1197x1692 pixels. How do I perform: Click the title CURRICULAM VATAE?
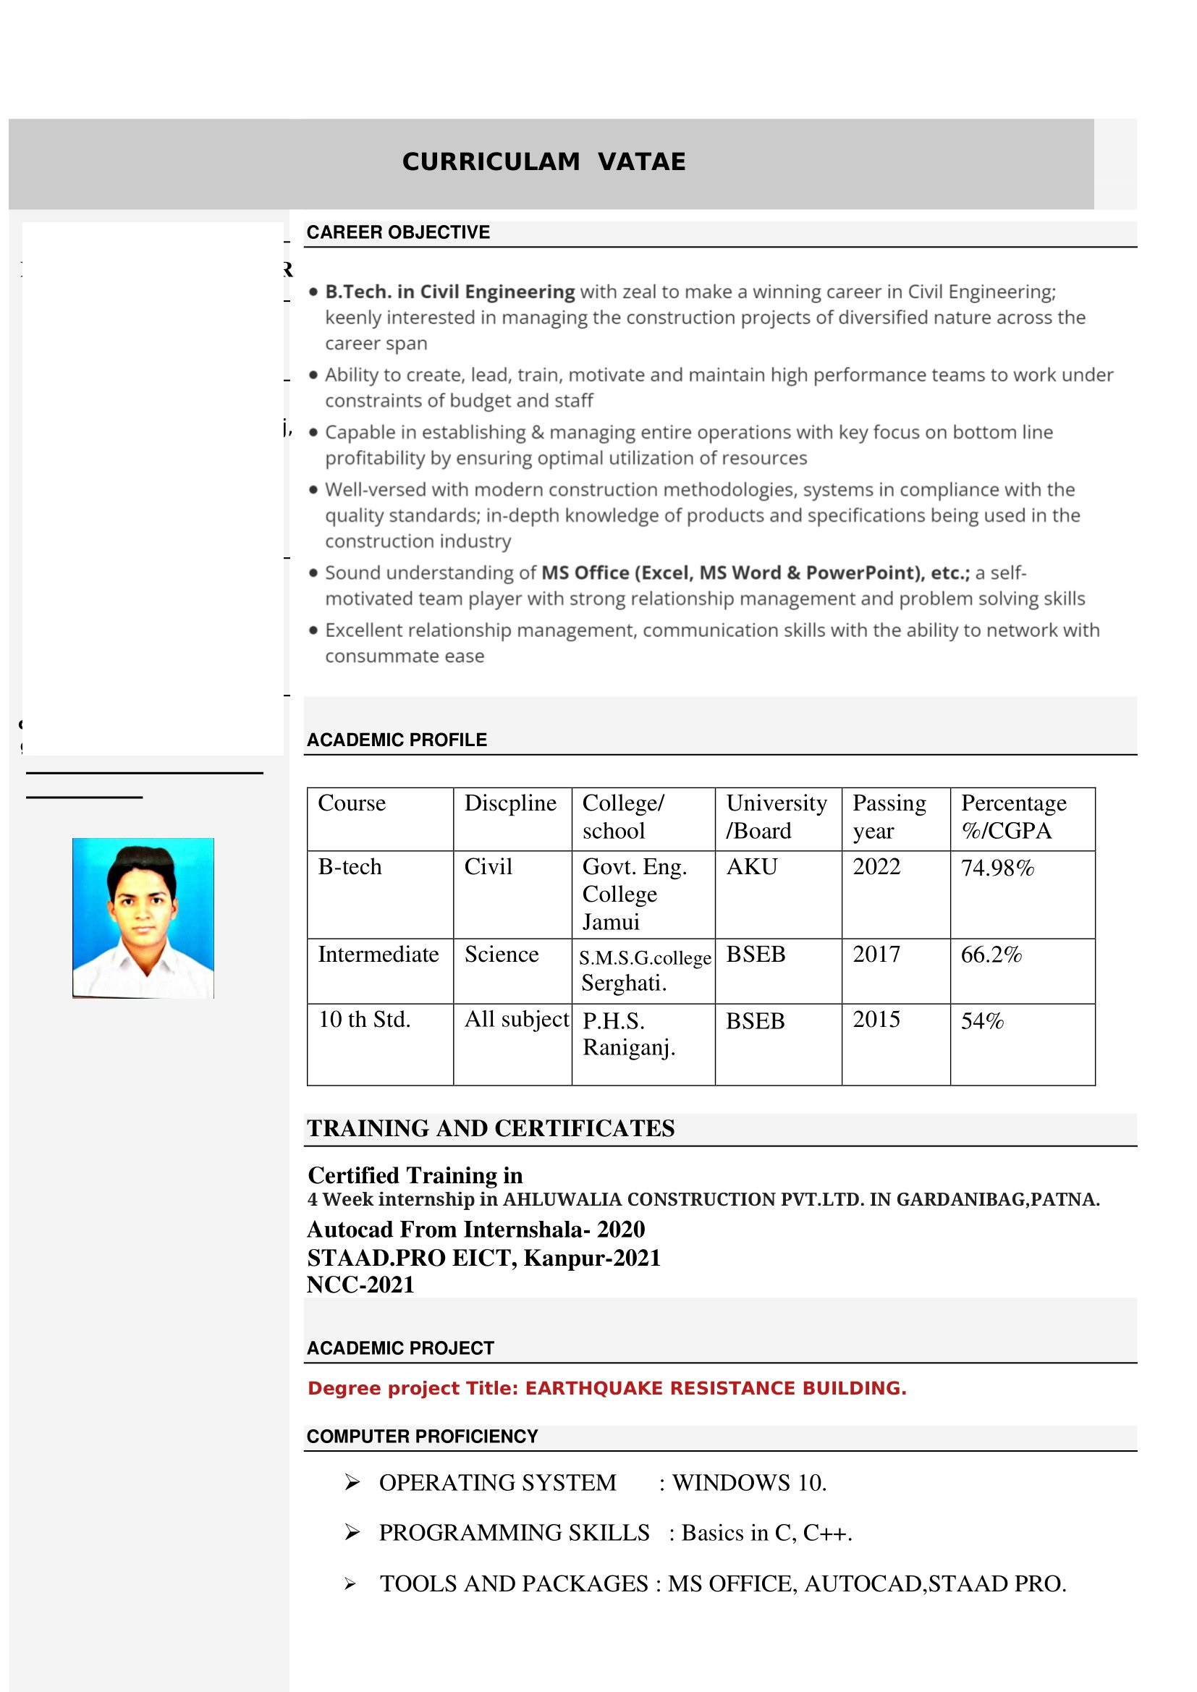[x=543, y=162]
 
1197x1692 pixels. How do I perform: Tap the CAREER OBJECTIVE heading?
[x=398, y=233]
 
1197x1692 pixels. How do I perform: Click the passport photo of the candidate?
[x=143, y=918]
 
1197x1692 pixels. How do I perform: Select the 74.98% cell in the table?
[x=997, y=868]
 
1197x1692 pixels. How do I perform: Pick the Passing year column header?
[x=889, y=816]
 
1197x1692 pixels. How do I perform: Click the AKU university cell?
[x=752, y=867]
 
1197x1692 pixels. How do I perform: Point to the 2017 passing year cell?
[x=876, y=955]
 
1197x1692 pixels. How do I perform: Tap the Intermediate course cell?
[x=378, y=955]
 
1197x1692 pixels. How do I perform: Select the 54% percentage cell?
[x=982, y=1021]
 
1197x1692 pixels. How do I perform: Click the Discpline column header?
[x=510, y=803]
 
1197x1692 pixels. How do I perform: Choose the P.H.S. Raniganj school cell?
[x=629, y=1034]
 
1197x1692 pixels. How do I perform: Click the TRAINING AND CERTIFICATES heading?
[x=491, y=1129]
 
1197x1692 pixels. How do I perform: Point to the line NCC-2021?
[x=360, y=1285]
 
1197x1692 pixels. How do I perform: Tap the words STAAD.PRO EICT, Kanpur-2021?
[x=483, y=1257]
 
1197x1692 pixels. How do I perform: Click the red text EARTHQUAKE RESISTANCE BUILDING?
[x=715, y=1388]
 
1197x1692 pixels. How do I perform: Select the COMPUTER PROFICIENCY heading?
[x=423, y=1437]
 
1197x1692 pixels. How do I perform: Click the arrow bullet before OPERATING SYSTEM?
[x=352, y=1482]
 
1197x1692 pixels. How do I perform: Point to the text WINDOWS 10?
[x=750, y=1483]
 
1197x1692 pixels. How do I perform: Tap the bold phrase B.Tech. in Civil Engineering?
[x=449, y=292]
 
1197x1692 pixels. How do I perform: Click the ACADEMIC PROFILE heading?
[x=397, y=740]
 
